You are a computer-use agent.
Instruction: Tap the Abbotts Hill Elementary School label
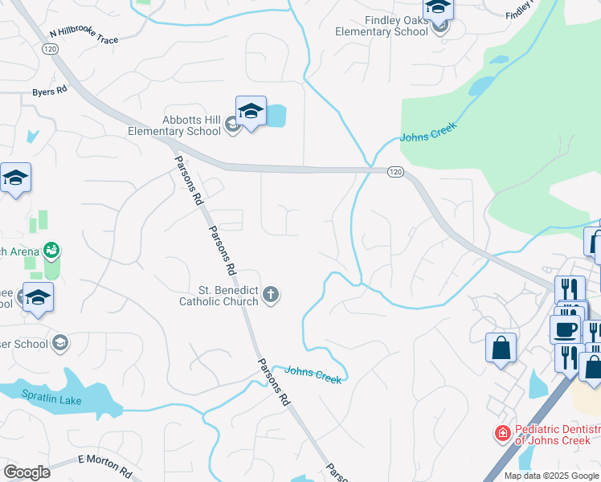(174, 125)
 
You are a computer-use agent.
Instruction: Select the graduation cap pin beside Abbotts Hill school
(251, 112)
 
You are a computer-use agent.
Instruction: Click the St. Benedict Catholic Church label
(218, 296)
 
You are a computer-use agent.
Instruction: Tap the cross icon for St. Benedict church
(271, 295)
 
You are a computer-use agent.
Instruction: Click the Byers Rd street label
(50, 92)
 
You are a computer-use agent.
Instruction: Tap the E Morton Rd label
(104, 464)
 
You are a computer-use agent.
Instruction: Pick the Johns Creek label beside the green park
(428, 131)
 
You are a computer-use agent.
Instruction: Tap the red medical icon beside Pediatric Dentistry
(502, 434)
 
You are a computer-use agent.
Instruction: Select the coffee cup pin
(565, 329)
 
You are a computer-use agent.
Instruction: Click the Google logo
(27, 472)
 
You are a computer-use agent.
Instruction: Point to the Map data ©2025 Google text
(550, 476)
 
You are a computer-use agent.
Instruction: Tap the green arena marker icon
(51, 251)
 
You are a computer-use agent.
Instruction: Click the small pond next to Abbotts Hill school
(276, 116)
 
